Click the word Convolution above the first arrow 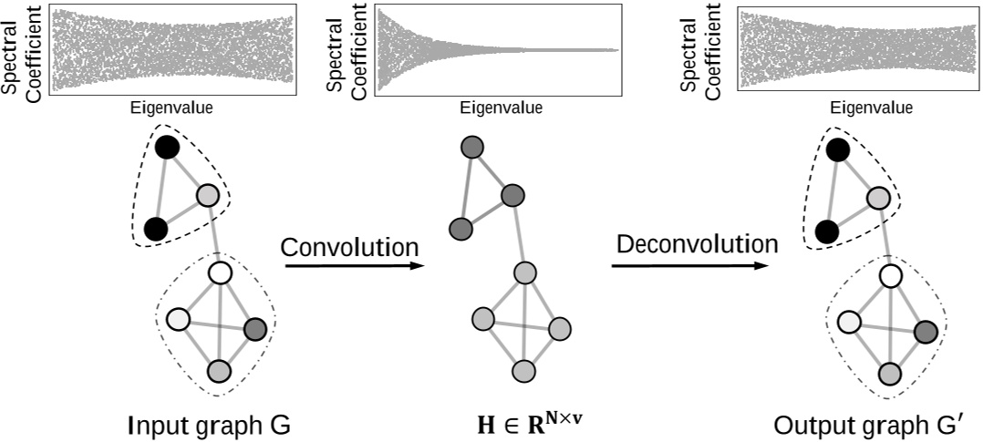click(x=349, y=247)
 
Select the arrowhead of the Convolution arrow click(x=417, y=266)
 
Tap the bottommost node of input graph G click(x=218, y=370)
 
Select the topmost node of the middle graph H click(x=471, y=148)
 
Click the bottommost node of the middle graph click(x=523, y=370)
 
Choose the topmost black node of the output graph click(x=837, y=150)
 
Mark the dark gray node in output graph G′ click(x=926, y=332)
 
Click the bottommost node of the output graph click(x=890, y=373)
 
